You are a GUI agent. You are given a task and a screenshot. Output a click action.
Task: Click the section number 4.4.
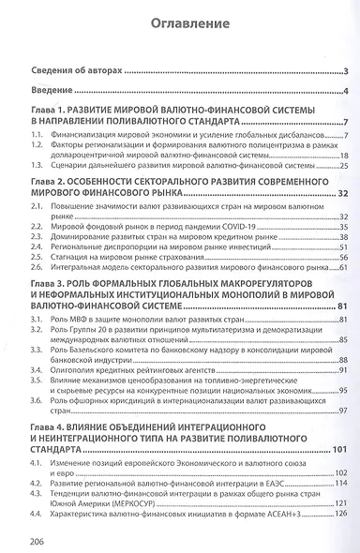(37, 513)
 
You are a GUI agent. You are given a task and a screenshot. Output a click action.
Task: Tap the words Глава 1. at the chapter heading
(52, 111)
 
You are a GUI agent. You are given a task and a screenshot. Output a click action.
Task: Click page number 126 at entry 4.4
(340, 513)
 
